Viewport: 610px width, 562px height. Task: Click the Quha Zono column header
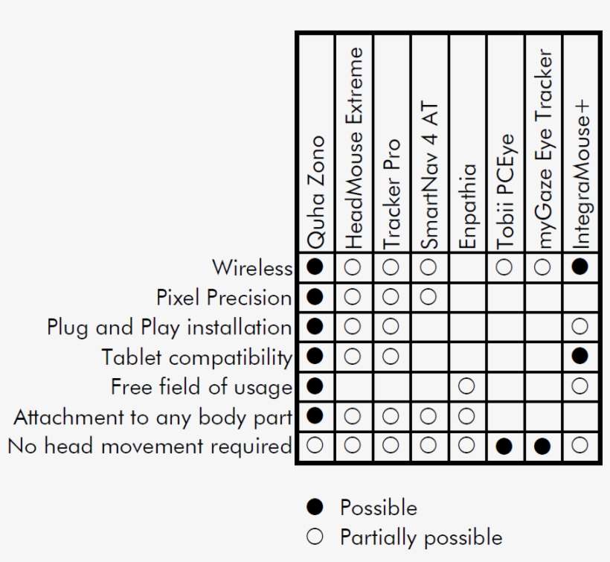(x=315, y=192)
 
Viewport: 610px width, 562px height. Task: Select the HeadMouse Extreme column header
(x=353, y=148)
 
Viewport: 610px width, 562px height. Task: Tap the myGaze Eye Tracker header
(x=544, y=148)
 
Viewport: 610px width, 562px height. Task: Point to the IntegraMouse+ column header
(x=581, y=175)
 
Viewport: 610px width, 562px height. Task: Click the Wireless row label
(x=252, y=268)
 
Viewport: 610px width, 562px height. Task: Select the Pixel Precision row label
(x=224, y=298)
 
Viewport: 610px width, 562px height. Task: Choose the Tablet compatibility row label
(x=197, y=357)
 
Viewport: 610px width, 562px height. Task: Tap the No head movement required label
(x=150, y=446)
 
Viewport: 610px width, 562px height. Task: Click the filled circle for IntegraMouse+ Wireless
(x=579, y=267)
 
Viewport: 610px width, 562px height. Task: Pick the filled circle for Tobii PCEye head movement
(x=504, y=446)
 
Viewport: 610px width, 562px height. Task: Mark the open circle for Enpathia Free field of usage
(x=466, y=386)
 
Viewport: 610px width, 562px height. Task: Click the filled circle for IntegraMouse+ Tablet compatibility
(x=579, y=356)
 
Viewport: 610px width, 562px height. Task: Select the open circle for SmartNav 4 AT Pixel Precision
(x=428, y=297)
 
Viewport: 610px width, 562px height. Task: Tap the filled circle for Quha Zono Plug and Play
(x=315, y=326)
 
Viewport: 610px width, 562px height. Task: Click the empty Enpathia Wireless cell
(x=468, y=267)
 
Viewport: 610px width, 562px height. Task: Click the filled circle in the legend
(x=315, y=507)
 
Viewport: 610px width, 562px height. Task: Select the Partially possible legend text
(x=421, y=537)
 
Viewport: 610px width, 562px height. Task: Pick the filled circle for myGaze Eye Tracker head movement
(x=542, y=446)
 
